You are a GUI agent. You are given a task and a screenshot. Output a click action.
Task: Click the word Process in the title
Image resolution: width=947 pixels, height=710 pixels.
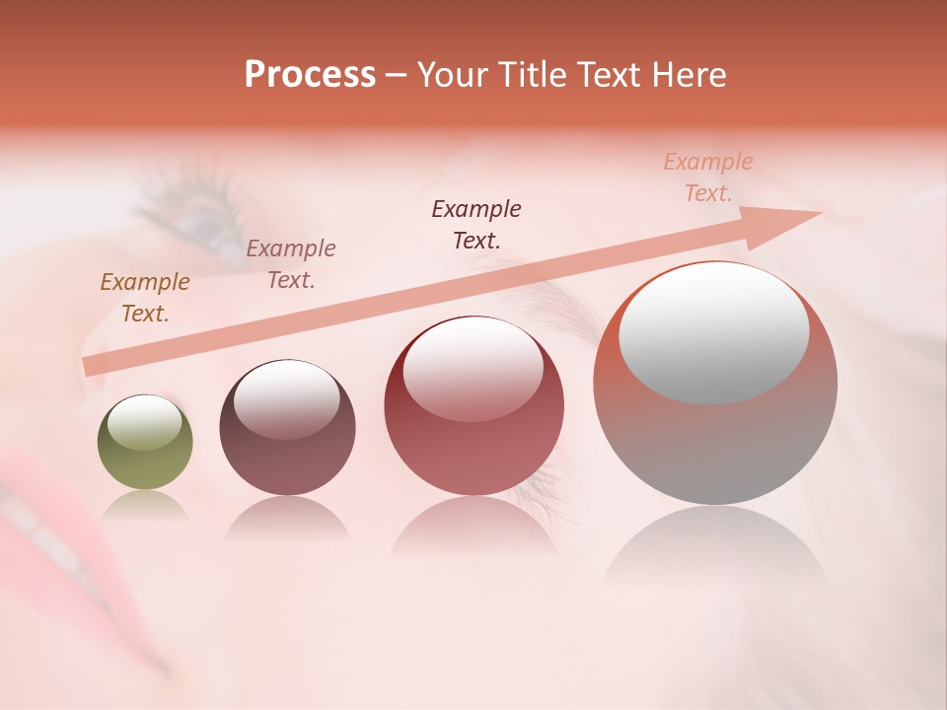[310, 75]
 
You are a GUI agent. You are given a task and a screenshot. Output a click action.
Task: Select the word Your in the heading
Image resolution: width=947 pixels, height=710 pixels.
[451, 75]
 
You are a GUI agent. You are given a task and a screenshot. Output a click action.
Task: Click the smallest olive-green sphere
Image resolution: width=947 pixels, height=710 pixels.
[145, 443]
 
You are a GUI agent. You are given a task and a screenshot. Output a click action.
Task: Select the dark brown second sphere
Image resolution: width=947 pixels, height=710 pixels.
[287, 427]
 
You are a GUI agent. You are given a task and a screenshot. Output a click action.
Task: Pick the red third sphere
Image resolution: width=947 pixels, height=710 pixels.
[473, 405]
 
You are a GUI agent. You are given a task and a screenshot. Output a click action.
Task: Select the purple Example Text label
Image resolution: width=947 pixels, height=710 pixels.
[291, 264]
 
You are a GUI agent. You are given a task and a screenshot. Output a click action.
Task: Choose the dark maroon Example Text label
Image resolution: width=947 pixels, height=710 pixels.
[476, 224]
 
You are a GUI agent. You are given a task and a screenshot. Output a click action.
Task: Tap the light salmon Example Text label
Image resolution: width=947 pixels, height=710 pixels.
[708, 177]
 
